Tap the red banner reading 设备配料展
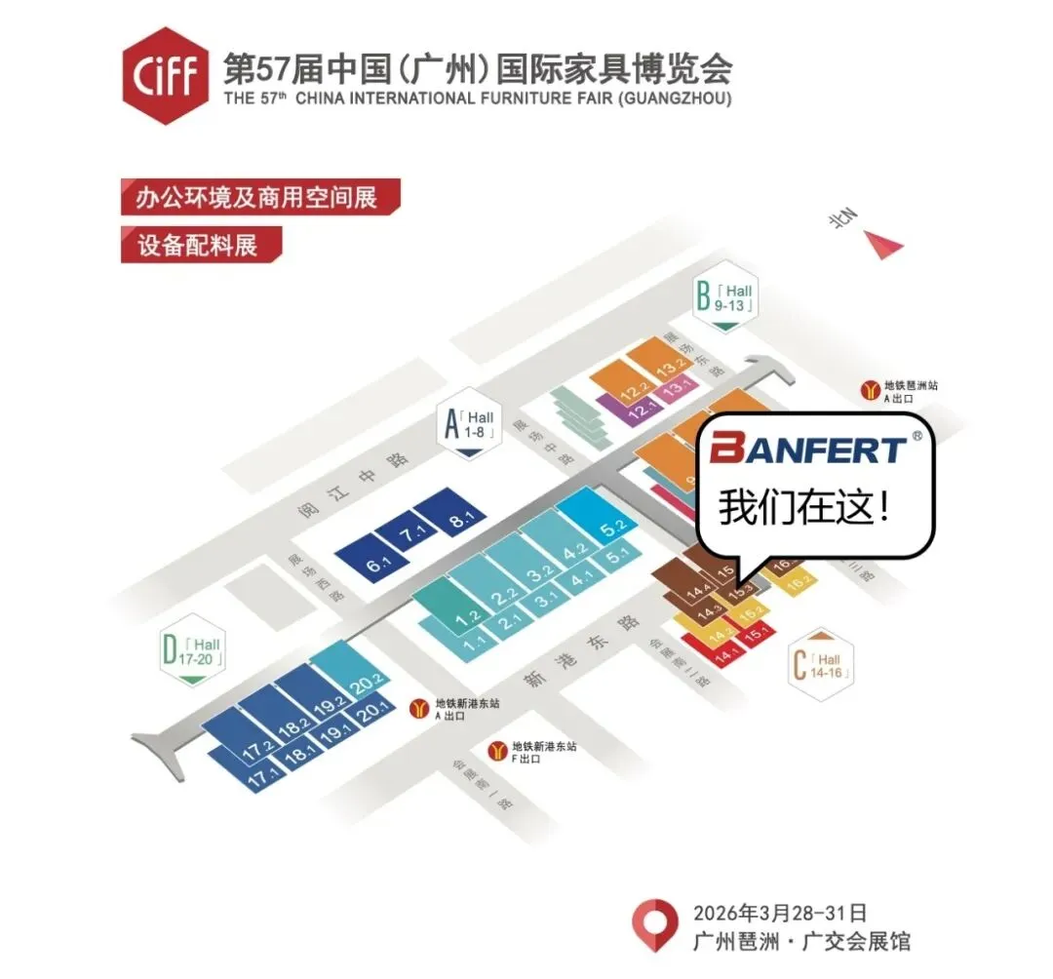(201, 245)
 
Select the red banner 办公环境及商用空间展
(260, 197)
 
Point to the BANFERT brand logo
(808, 450)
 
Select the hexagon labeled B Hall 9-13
(723, 299)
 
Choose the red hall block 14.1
(721, 657)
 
